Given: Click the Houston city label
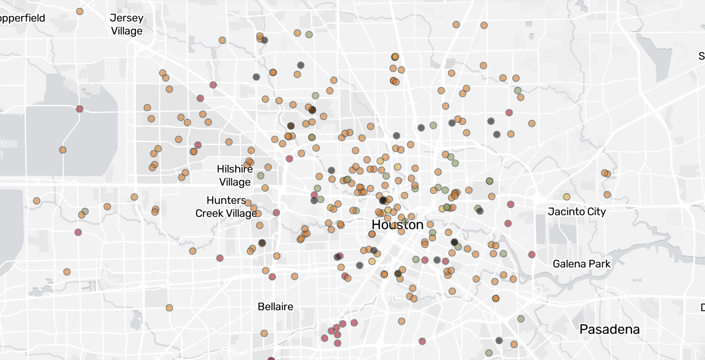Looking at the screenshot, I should click(397, 225).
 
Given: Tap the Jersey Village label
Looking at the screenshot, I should click(127, 24).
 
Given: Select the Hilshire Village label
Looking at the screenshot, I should click(235, 175).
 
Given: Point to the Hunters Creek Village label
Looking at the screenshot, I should click(226, 207).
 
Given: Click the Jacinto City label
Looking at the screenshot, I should click(577, 212).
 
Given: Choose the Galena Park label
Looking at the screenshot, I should click(581, 264).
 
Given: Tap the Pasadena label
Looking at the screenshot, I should click(610, 329).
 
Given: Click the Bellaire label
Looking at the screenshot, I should click(275, 307).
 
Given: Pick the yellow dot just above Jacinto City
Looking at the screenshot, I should click(566, 197).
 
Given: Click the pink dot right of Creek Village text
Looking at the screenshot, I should click(276, 212).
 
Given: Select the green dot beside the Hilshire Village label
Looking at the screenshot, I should click(260, 176).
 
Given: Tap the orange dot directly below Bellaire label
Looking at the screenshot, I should click(264, 333).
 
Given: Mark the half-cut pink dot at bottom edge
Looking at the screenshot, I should click(272, 359).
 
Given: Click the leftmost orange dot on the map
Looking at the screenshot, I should click(37, 200).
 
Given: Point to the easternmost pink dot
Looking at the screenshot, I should click(532, 254).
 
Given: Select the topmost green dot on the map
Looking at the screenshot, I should click(309, 35).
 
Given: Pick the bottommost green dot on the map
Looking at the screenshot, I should click(489, 353).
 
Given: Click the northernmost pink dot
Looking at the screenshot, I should click(213, 85).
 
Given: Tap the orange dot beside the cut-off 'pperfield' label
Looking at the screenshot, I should click(80, 11).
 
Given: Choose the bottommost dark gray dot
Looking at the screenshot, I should click(499, 340).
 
